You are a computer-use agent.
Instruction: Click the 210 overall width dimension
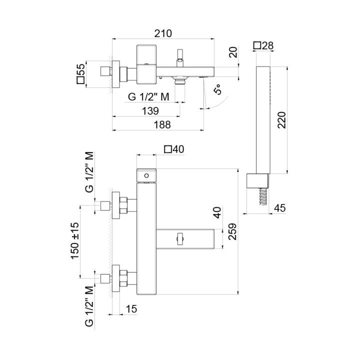pyautogui.click(x=162, y=34)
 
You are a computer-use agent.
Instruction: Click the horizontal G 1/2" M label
pyautogui.click(x=148, y=97)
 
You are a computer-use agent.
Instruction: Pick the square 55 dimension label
pyautogui.click(x=80, y=74)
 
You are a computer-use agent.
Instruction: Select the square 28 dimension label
pyautogui.click(x=263, y=45)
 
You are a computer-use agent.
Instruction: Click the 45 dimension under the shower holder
pyautogui.click(x=280, y=208)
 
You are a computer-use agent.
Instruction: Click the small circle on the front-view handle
pyautogui.click(x=146, y=175)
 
